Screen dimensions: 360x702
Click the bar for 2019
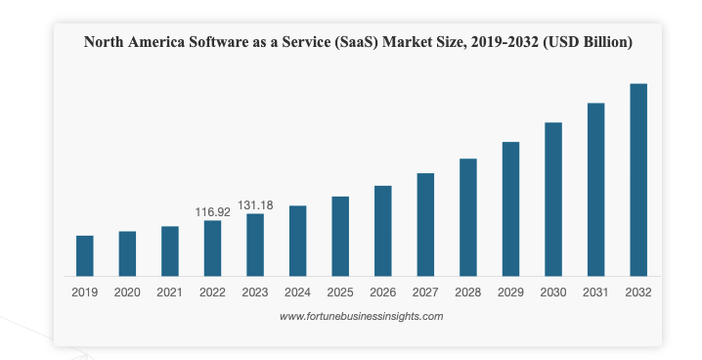[85, 256]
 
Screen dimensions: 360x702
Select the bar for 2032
[638, 180]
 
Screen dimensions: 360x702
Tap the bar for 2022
[212, 248]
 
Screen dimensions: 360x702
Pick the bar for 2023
[255, 245]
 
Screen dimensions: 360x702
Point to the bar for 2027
[425, 225]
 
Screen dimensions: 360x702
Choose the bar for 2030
[553, 200]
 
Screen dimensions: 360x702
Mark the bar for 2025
[340, 237]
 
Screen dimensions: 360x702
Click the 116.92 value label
[212, 211]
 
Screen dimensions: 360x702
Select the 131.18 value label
[255, 204]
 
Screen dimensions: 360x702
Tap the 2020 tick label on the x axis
[127, 292]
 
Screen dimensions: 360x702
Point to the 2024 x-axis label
[297, 292]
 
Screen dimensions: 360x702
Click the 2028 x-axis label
[467, 292]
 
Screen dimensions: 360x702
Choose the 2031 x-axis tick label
[595, 292]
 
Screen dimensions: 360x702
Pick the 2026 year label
[382, 292]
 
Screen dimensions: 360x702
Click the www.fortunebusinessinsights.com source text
[361, 316]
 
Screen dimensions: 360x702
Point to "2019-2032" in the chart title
[501, 42]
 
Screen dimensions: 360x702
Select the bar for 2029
[510, 209]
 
